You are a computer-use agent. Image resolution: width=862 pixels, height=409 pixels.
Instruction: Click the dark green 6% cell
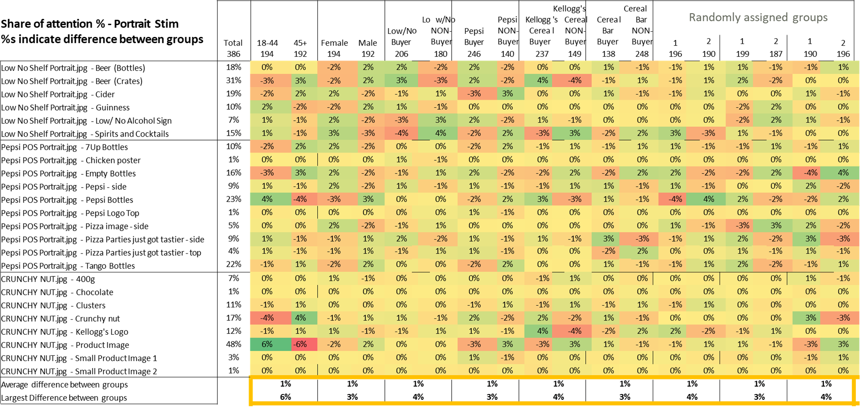tap(267, 344)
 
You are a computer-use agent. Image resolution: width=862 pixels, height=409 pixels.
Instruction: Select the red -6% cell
tap(301, 344)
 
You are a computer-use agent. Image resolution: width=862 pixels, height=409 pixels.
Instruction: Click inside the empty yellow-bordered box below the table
tap(552, 390)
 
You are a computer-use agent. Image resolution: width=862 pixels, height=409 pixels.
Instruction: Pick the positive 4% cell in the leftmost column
tap(267, 199)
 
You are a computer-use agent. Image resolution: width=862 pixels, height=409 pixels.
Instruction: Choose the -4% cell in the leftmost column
tap(267, 318)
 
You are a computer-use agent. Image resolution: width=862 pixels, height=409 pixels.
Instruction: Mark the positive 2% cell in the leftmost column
tap(267, 107)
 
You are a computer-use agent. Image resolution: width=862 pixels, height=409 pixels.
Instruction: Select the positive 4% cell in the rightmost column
tap(843, 173)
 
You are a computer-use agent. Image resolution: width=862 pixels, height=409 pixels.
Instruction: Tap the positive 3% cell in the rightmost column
tap(843, 344)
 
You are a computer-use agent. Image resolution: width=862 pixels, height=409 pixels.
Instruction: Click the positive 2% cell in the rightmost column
tap(843, 199)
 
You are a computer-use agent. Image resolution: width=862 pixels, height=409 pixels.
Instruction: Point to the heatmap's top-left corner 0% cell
tap(267, 67)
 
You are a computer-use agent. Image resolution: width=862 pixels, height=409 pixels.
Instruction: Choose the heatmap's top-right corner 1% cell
tap(843, 67)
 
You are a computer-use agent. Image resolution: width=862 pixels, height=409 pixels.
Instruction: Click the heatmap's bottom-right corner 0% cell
tap(843, 370)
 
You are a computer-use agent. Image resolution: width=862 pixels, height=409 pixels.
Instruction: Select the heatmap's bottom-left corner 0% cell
tap(267, 370)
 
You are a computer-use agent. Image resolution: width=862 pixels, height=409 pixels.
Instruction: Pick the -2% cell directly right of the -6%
tap(334, 344)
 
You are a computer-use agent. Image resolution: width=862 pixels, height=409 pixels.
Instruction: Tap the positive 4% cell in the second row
tap(543, 80)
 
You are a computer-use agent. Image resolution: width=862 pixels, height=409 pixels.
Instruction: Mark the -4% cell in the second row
tap(575, 80)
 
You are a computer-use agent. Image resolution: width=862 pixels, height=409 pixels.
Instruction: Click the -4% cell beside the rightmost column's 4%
tap(811, 173)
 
